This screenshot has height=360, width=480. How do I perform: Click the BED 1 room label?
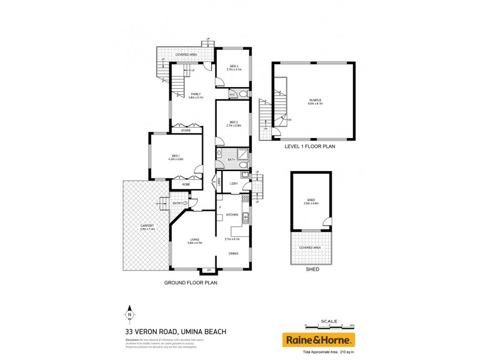pos(176,157)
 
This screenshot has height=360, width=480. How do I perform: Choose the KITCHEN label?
pos(233,214)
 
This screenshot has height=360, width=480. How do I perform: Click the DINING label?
pos(233,254)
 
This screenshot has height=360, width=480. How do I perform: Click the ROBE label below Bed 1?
pos(178,184)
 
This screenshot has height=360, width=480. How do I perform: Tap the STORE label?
pos(186,130)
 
